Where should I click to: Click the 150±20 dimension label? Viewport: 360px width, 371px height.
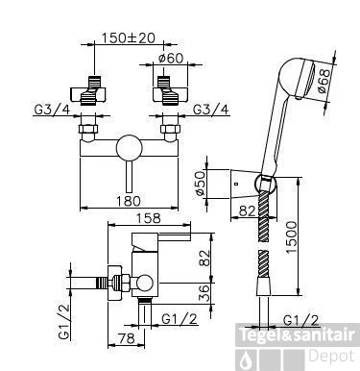(x=128, y=37)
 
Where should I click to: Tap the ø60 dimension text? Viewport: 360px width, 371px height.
(x=171, y=59)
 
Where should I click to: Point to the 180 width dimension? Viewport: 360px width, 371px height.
(x=128, y=201)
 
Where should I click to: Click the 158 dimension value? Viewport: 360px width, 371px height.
(x=149, y=218)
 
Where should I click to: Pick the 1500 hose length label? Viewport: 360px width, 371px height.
(x=292, y=237)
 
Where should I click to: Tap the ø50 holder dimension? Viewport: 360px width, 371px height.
(x=200, y=184)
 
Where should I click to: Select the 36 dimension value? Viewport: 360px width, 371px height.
(x=204, y=293)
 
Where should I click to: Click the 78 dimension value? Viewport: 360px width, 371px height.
(x=127, y=338)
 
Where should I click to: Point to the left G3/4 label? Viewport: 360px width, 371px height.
(x=52, y=110)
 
